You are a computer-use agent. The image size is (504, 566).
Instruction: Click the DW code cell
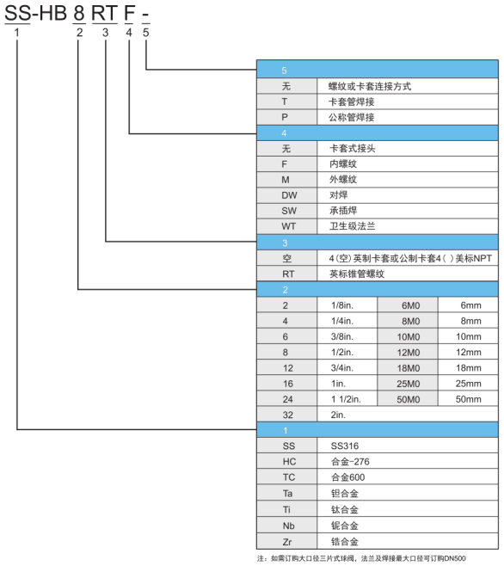(x=287, y=195)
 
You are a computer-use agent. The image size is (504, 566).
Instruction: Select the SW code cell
(x=287, y=211)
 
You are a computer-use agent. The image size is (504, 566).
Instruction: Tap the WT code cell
(x=287, y=226)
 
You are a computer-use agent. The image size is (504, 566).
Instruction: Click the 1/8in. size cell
(x=347, y=305)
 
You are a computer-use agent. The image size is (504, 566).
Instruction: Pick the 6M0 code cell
(x=408, y=305)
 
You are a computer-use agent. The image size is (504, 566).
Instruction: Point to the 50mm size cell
(x=468, y=399)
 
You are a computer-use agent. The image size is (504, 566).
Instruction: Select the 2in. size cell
(x=408, y=415)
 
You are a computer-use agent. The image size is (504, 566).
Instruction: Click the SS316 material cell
(x=408, y=446)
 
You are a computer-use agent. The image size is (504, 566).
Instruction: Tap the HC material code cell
(x=287, y=462)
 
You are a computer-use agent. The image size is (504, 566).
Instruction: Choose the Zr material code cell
(x=287, y=542)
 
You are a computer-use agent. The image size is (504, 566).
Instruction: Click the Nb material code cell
(x=287, y=526)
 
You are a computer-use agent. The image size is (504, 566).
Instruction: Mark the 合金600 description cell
(x=408, y=477)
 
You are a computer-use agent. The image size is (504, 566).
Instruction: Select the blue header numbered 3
(x=378, y=243)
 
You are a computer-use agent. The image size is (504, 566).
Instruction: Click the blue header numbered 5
(x=378, y=70)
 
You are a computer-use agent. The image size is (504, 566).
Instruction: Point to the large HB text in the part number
(x=52, y=13)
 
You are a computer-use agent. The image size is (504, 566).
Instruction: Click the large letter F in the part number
(x=129, y=13)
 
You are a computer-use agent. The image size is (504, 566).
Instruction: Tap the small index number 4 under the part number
(x=129, y=33)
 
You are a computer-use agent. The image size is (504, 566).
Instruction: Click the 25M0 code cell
(x=408, y=384)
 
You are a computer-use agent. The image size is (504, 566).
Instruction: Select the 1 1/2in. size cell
(x=347, y=399)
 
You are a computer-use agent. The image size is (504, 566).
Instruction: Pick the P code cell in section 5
(x=287, y=117)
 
